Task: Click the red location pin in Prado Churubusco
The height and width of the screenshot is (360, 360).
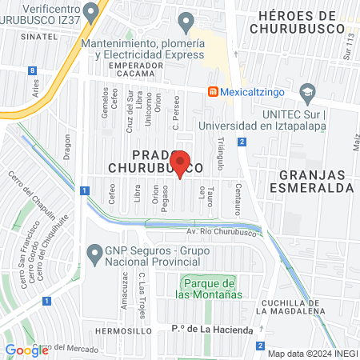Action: [181, 162]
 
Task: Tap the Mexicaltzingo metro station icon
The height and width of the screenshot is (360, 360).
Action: [214, 91]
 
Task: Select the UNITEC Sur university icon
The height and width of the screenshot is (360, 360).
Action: [306, 93]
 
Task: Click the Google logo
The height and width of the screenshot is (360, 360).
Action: [26, 350]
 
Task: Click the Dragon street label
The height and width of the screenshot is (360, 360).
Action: [67, 146]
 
